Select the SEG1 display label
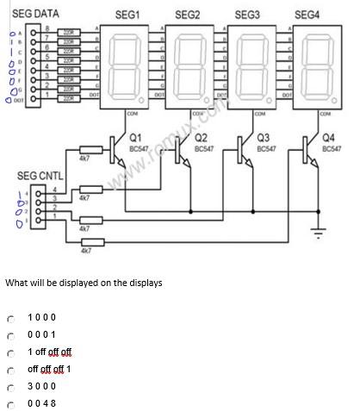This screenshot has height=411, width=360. pyautogui.click(x=127, y=15)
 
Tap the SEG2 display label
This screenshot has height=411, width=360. pyautogui.click(x=187, y=15)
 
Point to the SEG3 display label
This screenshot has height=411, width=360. pyautogui.click(x=247, y=15)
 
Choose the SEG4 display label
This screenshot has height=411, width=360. pyautogui.click(x=307, y=15)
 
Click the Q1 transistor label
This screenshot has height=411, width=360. pyautogui.click(x=135, y=137)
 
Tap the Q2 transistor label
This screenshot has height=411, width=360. pyautogui.click(x=201, y=137)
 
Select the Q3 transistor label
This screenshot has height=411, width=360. pyautogui.click(x=264, y=137)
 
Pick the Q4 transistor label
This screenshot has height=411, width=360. pyautogui.click(x=327, y=137)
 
